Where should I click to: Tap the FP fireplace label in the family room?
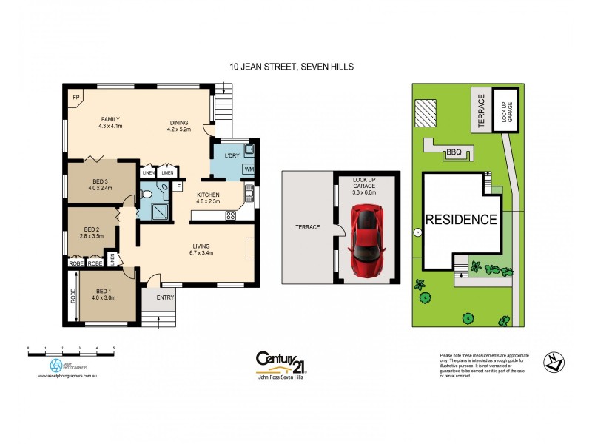click(x=75, y=97)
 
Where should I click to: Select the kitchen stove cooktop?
click(x=230, y=215)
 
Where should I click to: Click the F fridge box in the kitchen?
click(x=178, y=187)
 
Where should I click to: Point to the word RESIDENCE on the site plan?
click(x=460, y=220)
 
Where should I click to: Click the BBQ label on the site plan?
click(x=454, y=152)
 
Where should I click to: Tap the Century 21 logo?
click(x=280, y=362)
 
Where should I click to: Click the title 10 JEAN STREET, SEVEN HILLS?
click(x=292, y=67)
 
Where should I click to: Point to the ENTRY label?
click(x=165, y=297)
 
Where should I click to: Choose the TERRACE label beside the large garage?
click(x=307, y=227)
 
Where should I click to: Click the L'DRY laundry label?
click(x=224, y=156)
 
